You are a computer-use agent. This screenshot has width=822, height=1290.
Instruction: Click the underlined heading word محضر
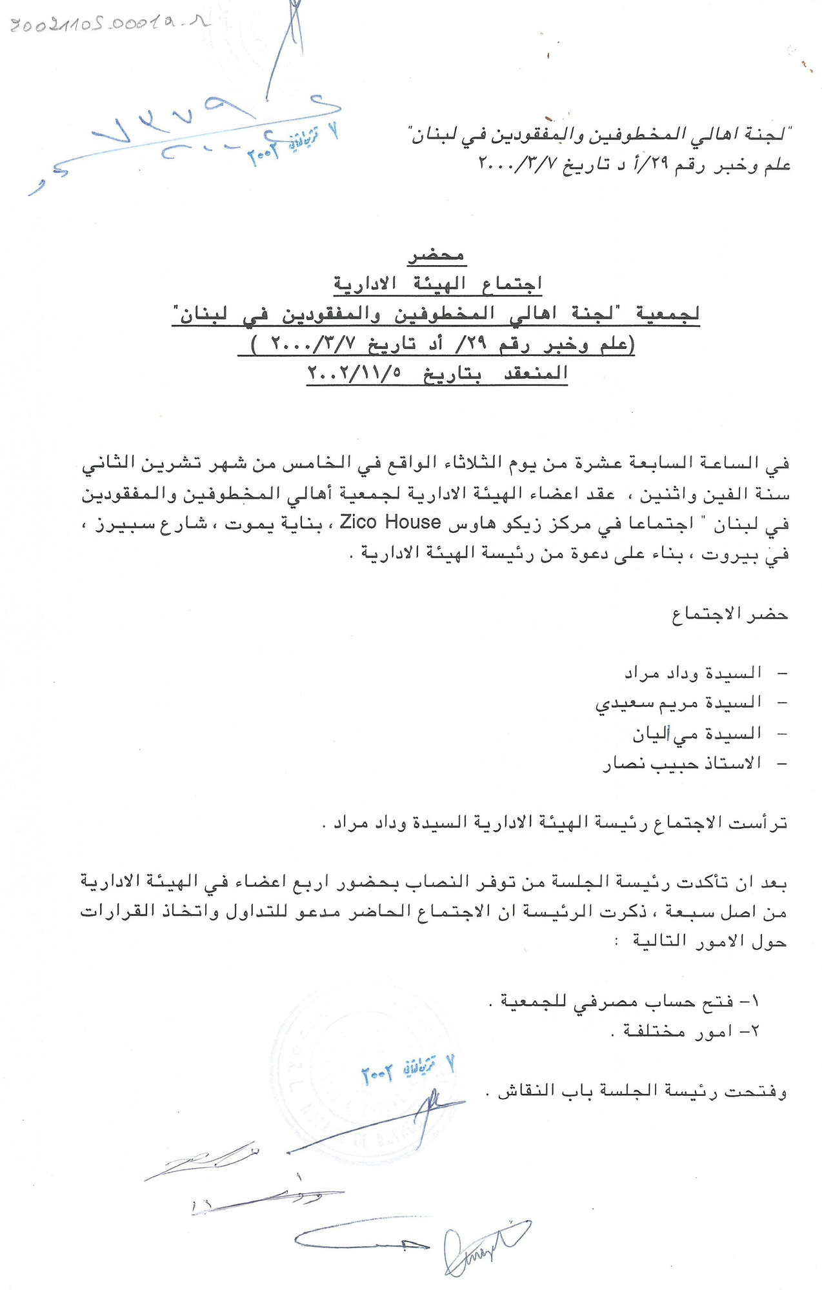(x=436, y=255)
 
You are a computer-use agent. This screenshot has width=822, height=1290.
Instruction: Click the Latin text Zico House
(x=390, y=522)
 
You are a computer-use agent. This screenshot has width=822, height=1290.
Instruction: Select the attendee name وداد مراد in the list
(x=651, y=673)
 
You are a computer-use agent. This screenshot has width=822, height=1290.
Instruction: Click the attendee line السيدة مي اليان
(x=697, y=734)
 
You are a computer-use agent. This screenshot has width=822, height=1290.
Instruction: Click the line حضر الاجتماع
(x=730, y=615)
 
